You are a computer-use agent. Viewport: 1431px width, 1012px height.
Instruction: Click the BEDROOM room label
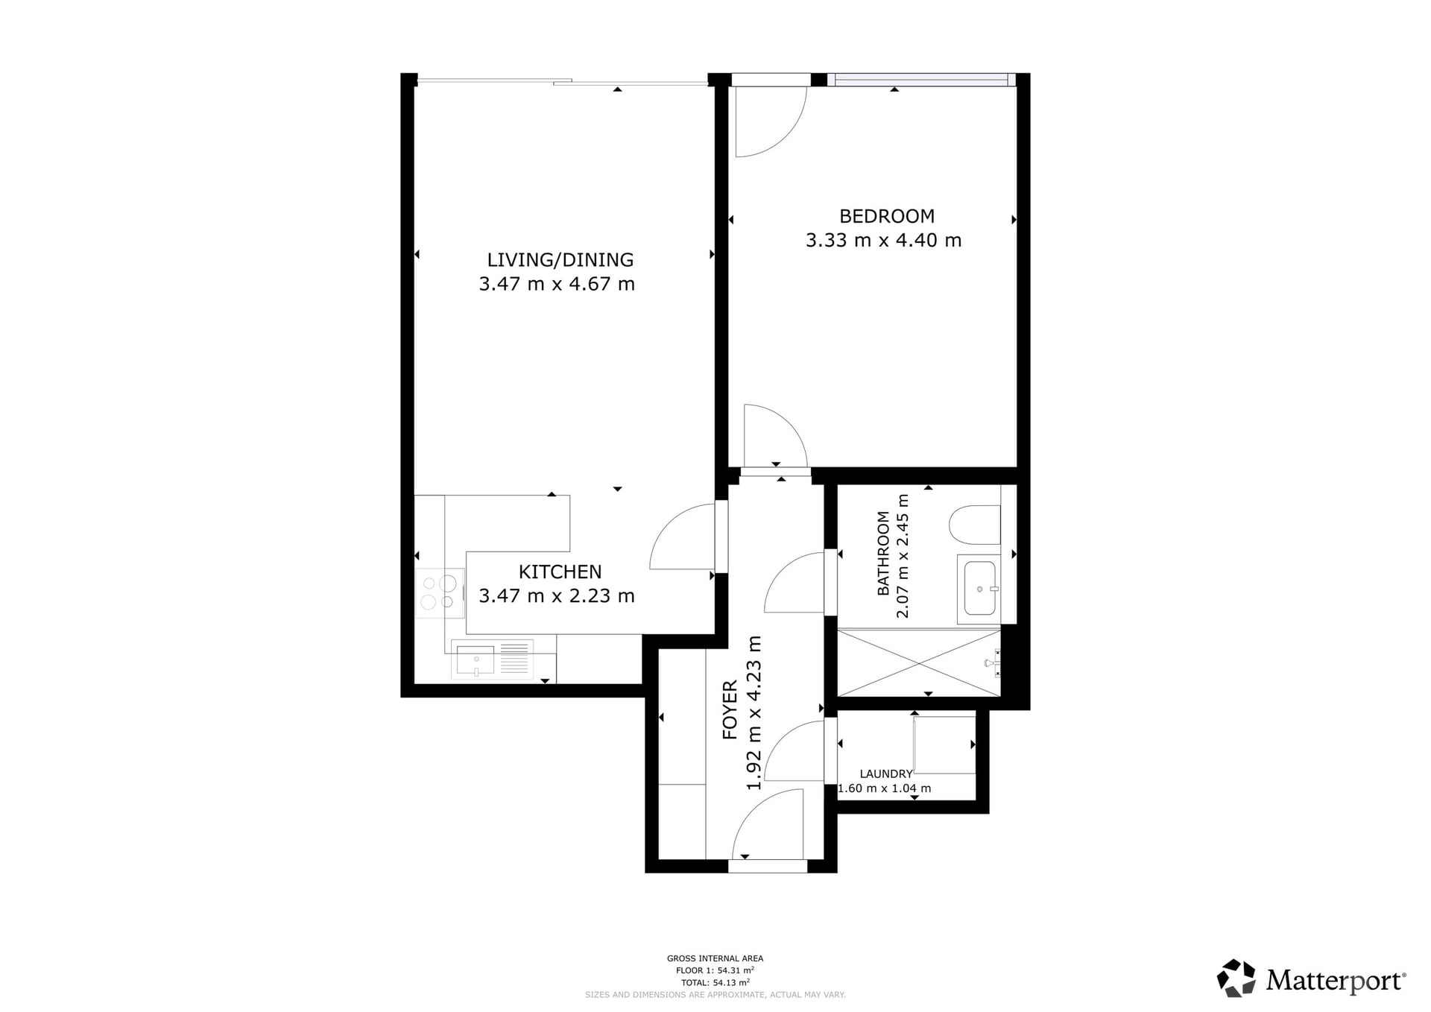(886, 216)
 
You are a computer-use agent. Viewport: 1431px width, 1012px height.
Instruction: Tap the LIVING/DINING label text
(560, 259)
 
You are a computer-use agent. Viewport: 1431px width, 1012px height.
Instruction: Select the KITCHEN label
(560, 572)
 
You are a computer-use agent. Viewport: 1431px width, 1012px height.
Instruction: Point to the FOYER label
(730, 709)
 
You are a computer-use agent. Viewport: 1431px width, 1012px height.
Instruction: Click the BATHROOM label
(883, 553)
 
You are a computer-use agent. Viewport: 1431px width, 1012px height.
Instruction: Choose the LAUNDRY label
(885, 774)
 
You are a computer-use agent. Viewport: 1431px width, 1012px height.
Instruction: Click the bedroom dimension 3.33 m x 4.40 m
(883, 240)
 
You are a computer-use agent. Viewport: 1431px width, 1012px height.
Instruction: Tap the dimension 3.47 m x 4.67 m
(557, 284)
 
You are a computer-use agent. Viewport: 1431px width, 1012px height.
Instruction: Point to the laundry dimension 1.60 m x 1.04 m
(885, 788)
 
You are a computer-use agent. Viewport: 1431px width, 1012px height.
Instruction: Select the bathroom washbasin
(979, 588)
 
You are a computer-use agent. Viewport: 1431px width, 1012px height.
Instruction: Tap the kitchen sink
(492, 659)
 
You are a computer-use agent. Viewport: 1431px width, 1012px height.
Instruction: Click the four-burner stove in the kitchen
(440, 592)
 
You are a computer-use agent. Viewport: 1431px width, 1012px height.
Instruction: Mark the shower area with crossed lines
(919, 663)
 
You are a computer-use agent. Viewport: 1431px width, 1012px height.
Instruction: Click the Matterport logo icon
(1237, 978)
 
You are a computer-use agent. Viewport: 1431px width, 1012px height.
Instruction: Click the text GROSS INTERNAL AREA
(715, 958)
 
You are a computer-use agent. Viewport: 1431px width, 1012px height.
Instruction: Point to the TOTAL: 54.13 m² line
(715, 982)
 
